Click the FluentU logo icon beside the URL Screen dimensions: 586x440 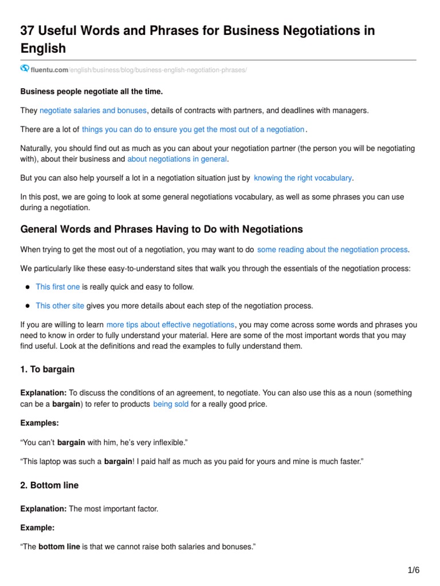25,69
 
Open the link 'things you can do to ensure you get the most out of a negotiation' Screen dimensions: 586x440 193,130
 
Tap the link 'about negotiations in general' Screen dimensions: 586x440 177,159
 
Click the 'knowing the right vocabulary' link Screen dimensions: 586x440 302,178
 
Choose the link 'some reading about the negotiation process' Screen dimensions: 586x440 333,250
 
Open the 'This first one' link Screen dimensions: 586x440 57,287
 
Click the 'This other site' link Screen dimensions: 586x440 60,306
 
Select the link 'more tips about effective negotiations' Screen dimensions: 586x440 170,324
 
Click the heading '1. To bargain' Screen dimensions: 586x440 48,369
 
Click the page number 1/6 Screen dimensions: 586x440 413,570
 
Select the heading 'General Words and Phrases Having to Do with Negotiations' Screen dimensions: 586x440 161,229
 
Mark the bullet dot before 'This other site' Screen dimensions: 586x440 27,306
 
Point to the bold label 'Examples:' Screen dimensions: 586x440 40,423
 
